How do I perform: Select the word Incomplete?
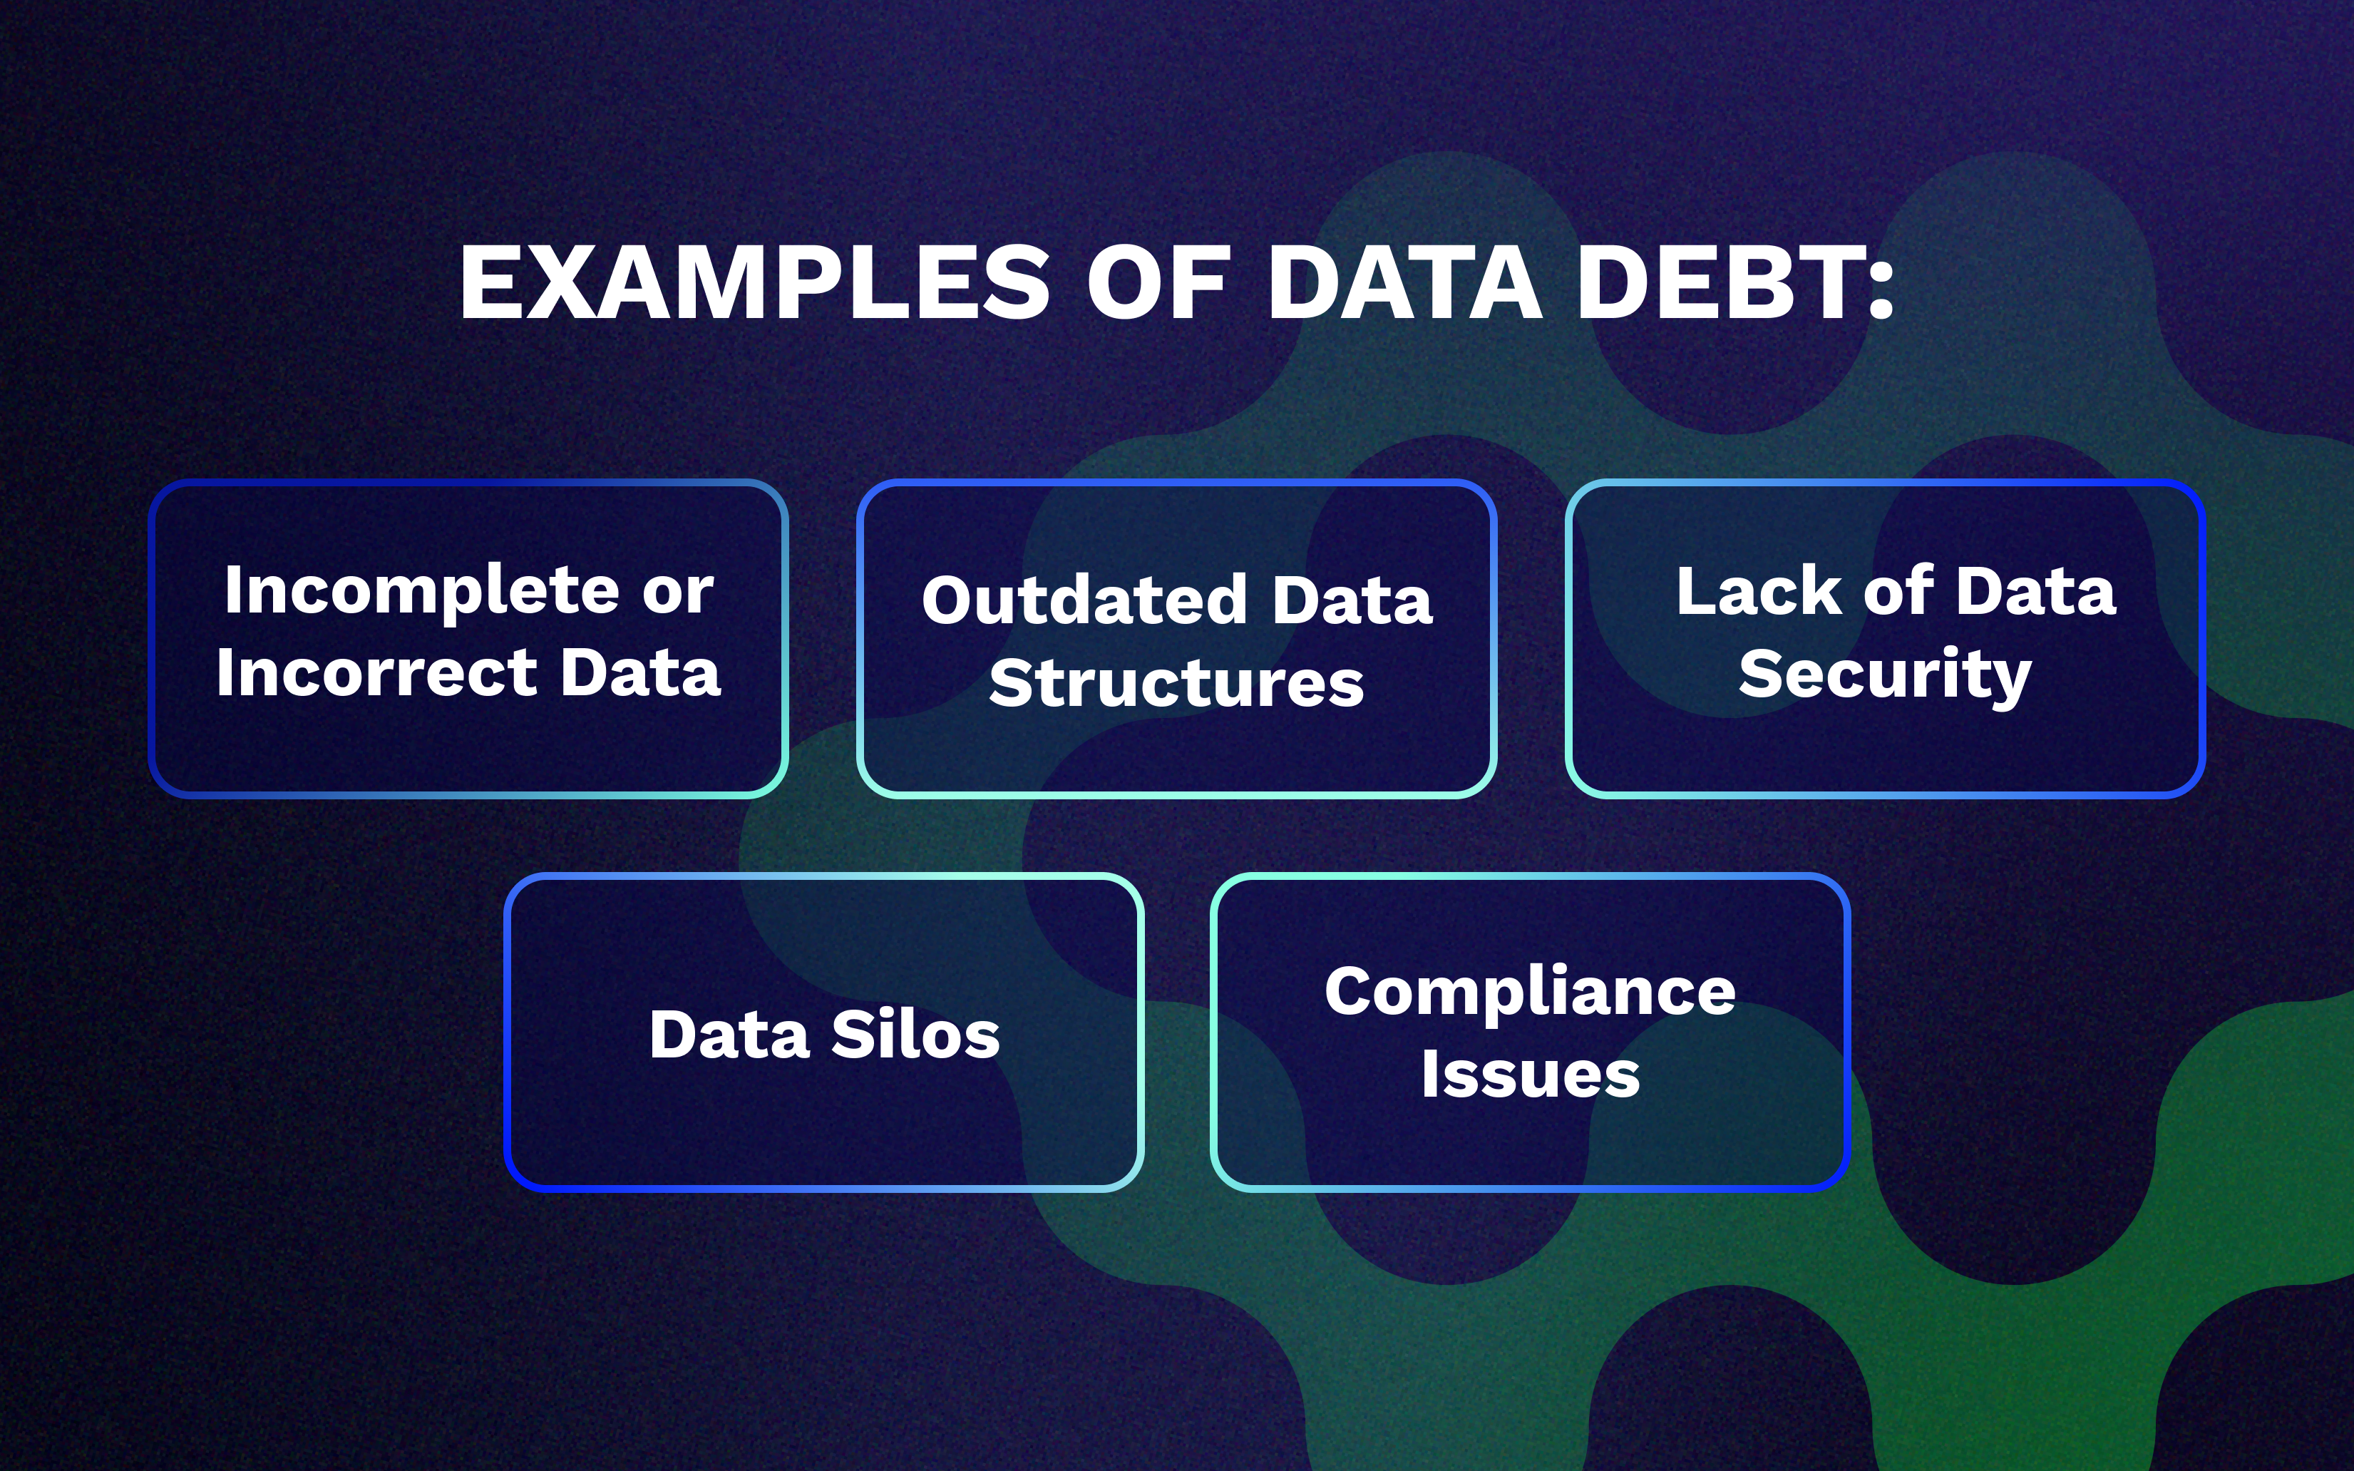click(x=421, y=593)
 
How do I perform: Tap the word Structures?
click(x=1177, y=683)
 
